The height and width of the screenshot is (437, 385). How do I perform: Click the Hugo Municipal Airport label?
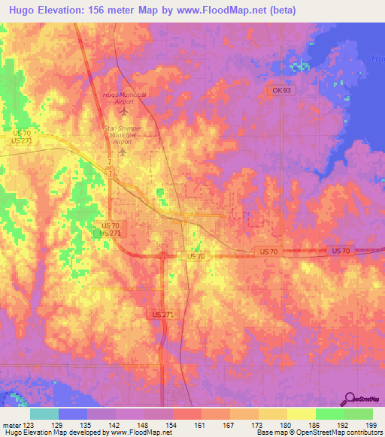124,98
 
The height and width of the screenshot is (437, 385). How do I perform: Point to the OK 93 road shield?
280,89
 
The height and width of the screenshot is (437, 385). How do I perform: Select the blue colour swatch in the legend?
73,414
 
